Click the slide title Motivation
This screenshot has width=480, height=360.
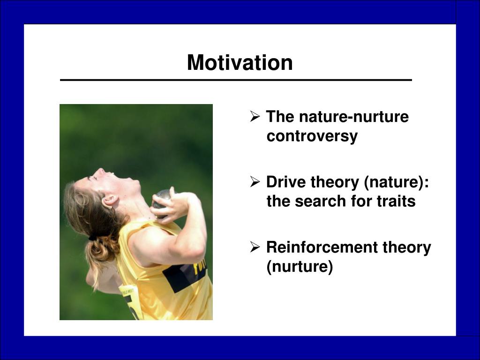(240, 63)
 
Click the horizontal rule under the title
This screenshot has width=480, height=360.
(236, 80)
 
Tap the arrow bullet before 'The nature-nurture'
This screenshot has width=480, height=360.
(255, 116)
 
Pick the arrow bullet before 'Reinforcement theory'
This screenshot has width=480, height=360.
(255, 247)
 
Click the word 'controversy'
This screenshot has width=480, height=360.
(312, 136)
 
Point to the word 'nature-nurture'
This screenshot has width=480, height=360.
(354, 117)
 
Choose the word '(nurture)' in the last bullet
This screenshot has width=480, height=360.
(300, 267)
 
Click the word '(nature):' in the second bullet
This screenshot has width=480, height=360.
(397, 182)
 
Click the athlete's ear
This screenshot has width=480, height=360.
(110, 201)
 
